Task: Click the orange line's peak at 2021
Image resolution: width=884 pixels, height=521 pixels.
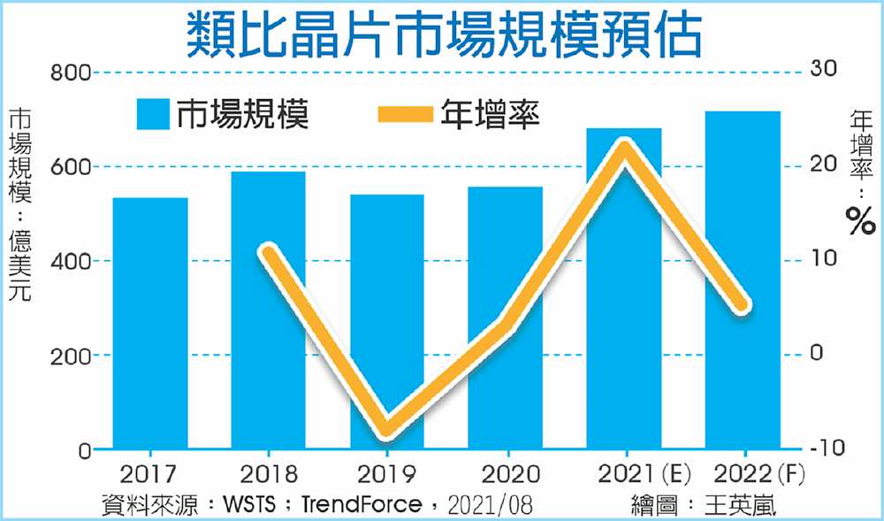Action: coord(624,146)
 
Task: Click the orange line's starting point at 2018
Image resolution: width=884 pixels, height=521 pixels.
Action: coord(269,252)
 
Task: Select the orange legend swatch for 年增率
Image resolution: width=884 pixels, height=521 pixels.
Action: coord(406,115)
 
